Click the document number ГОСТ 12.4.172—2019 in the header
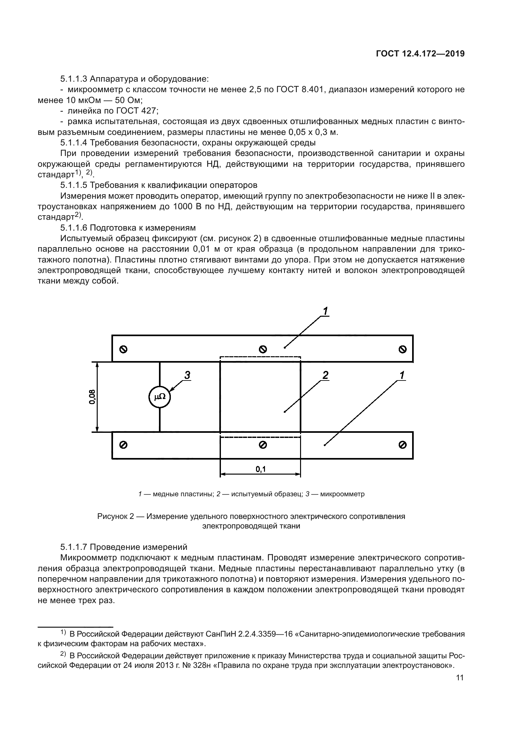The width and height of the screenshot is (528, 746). point(420,54)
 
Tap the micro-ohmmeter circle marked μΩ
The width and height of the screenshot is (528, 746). point(160,397)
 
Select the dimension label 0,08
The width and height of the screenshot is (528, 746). point(92,397)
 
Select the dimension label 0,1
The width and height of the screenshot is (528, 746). point(260,469)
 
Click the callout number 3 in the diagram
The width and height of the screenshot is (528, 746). point(187,375)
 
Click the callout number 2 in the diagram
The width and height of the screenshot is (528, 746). point(325,375)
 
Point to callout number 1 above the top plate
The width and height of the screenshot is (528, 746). point(325,311)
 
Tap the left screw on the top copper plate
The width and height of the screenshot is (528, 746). point(123,349)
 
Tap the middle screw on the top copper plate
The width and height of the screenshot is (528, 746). point(263,349)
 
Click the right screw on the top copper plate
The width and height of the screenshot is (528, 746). point(402,349)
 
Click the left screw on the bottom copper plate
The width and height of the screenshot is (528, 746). point(123,445)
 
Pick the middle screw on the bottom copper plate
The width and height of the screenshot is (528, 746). point(263,445)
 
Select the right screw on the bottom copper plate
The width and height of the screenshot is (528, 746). point(402,445)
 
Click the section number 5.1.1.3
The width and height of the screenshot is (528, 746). point(74,79)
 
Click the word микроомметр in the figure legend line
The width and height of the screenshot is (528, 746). point(342,494)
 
